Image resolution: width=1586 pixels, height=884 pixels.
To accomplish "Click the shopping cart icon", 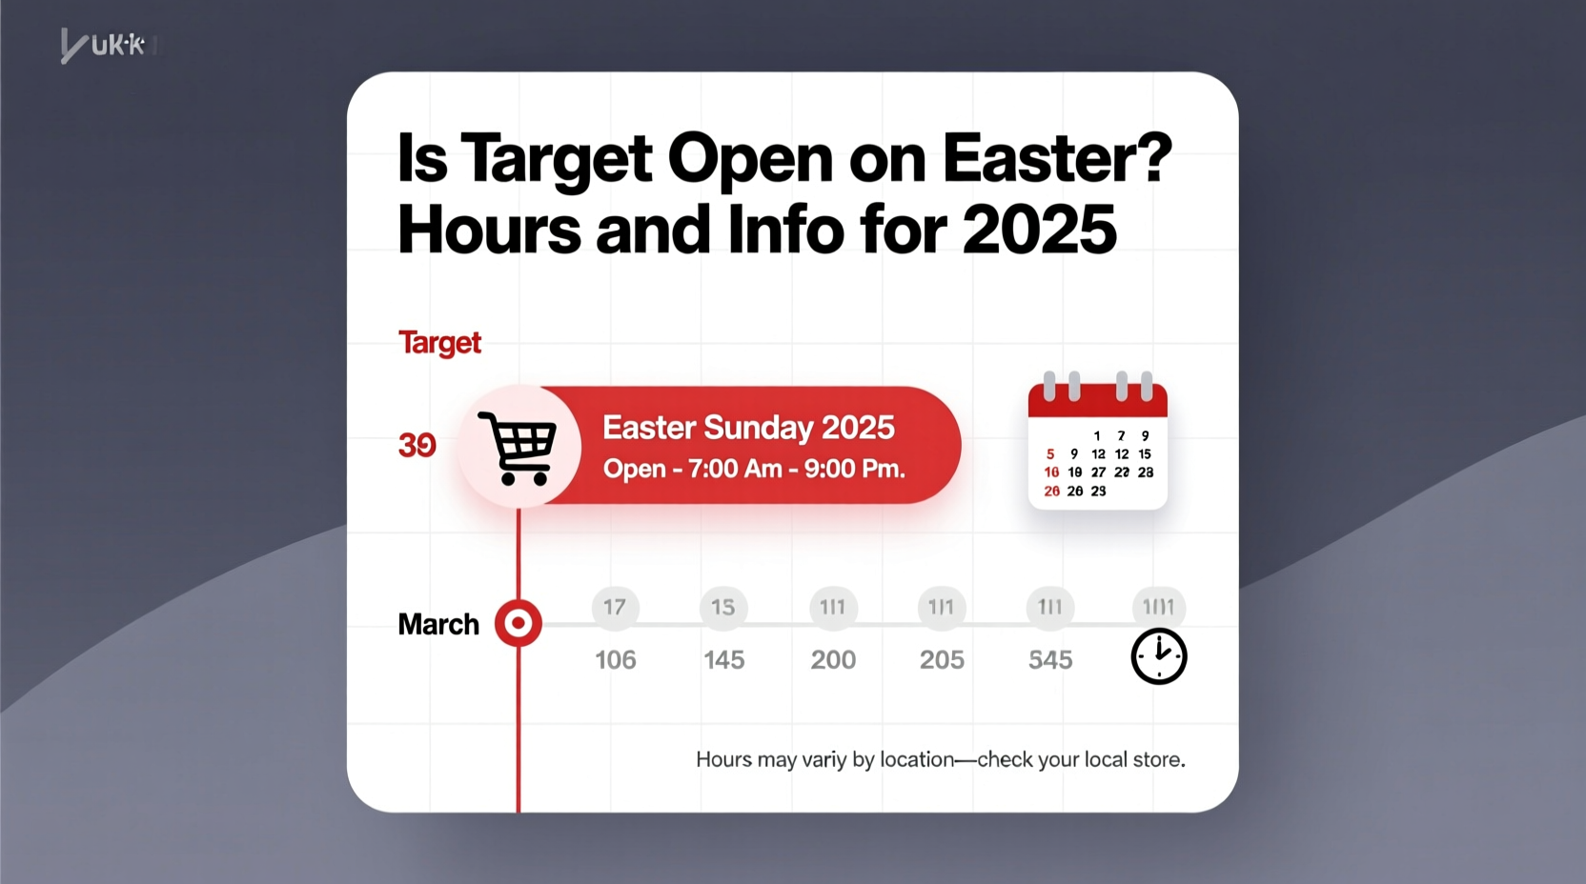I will click(518, 447).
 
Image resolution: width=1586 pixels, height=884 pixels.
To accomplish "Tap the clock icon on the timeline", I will click(1158, 656).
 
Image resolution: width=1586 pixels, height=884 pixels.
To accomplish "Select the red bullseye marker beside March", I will click(518, 624).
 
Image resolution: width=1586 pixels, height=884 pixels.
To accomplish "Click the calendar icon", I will click(1097, 442).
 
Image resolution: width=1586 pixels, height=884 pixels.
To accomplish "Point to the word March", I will click(438, 625).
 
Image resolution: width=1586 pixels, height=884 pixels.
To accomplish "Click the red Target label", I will click(439, 343).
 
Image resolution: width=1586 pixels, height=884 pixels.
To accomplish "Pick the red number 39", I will click(417, 445).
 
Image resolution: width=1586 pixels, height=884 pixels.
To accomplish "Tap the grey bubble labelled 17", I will click(615, 607).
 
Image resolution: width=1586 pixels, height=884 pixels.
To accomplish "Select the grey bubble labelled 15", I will click(723, 607).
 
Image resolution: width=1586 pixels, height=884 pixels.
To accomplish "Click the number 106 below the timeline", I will click(616, 659).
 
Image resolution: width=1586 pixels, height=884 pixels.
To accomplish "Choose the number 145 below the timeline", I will click(724, 659).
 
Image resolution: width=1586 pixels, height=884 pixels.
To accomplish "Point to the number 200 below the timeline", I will click(833, 659).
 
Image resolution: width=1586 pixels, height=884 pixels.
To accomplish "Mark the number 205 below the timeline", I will click(942, 659).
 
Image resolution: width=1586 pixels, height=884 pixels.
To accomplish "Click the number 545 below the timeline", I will click(1050, 659).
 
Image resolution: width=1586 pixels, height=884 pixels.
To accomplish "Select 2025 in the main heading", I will click(1039, 231).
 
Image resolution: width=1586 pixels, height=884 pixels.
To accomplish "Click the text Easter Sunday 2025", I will click(748, 428).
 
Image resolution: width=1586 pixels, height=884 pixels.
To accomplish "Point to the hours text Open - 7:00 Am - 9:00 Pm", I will click(754, 469).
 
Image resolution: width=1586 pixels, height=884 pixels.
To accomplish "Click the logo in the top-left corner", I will click(103, 45).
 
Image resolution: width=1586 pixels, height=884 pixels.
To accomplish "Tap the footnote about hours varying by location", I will click(940, 760).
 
